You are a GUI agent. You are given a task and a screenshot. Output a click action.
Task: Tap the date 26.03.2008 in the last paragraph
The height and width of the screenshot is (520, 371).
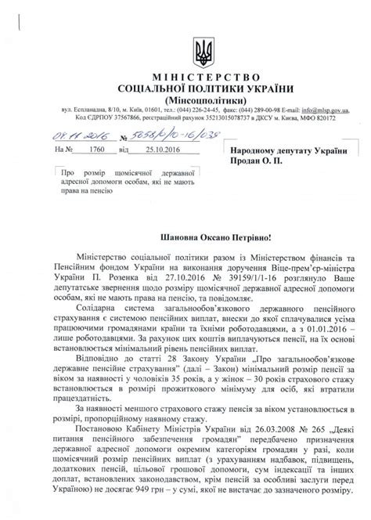(233, 430)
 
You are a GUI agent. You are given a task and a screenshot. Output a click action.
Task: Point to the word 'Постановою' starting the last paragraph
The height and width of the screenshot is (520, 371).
(101, 430)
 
